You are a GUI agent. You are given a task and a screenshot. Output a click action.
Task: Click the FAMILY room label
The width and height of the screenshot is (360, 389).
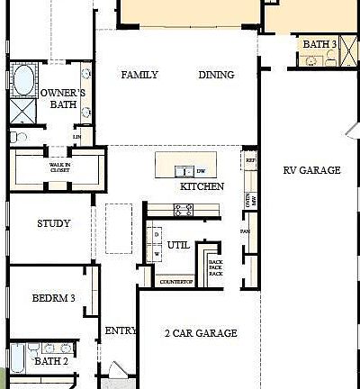[139, 76]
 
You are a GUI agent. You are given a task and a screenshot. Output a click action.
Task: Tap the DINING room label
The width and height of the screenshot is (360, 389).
[216, 76]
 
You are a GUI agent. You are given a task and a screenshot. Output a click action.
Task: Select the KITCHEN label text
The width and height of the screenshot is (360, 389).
[202, 187]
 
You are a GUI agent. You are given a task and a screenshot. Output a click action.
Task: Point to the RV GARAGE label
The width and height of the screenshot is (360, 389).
[311, 170]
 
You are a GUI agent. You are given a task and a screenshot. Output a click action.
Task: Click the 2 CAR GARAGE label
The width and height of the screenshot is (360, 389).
[202, 333]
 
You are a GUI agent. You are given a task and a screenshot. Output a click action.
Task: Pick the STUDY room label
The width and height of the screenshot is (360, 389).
[53, 223]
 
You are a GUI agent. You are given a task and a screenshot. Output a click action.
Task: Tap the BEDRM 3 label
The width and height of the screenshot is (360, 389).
[53, 298]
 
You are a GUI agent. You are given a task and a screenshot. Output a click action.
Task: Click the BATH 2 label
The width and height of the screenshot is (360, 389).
[50, 361]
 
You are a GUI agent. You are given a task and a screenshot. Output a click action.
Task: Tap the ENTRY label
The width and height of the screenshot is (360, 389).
[121, 331]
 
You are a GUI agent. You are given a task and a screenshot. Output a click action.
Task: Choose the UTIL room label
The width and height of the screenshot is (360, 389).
[178, 245]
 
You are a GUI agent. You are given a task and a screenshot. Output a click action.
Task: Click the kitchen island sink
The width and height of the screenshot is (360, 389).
[184, 170]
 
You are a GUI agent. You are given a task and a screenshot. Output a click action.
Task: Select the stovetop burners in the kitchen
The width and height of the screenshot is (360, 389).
[183, 209]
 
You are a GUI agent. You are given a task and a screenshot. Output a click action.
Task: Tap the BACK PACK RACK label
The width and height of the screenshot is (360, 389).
[215, 267]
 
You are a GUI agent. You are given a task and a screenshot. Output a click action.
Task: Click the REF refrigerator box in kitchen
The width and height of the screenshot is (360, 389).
[250, 161]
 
